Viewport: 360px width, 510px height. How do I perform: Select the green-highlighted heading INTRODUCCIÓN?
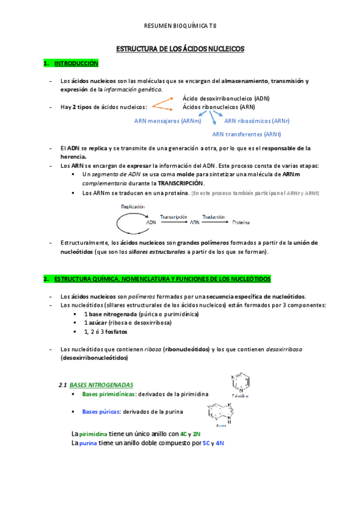pyautogui.click(x=76, y=63)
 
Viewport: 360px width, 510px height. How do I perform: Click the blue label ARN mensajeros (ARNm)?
pyautogui.click(x=168, y=121)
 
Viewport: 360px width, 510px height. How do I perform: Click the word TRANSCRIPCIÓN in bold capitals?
pyautogui.click(x=181, y=183)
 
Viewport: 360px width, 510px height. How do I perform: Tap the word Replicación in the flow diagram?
pyautogui.click(x=133, y=206)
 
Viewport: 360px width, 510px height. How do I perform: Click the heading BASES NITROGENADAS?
pyautogui.click(x=102, y=384)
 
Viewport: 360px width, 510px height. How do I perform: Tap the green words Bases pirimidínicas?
pyautogui.click(x=109, y=394)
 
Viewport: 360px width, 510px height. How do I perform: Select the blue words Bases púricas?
pyautogui.click(x=101, y=411)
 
